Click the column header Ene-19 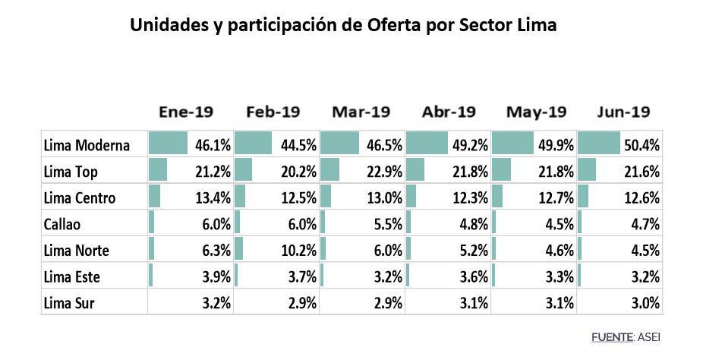(186, 112)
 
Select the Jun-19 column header (622, 112)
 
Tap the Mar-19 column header (361, 112)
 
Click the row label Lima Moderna (87, 145)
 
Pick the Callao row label (63, 224)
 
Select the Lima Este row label (72, 277)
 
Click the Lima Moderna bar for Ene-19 (168, 143)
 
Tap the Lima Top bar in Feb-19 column (243, 169)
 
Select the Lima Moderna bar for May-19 (512, 143)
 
